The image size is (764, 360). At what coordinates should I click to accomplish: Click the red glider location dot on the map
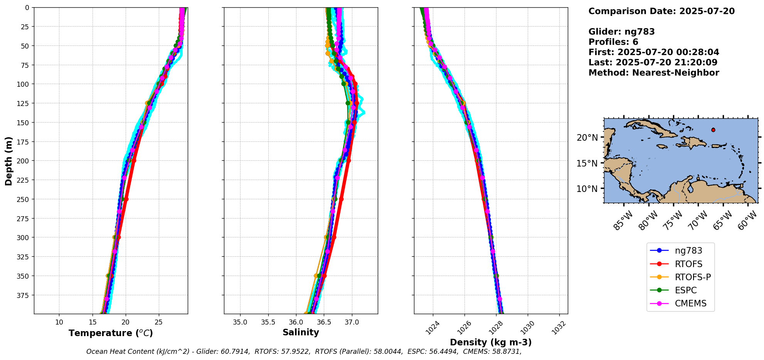click(713, 130)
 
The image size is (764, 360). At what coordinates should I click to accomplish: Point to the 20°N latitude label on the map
click(587, 138)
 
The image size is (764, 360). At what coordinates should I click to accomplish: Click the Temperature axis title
click(111, 333)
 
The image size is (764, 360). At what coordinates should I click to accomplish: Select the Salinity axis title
click(301, 332)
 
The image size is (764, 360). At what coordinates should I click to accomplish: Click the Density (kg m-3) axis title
click(491, 342)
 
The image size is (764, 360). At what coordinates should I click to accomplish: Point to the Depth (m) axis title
click(8, 161)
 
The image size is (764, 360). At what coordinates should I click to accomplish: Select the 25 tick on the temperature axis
click(158, 322)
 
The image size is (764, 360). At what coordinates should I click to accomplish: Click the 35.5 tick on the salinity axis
click(268, 322)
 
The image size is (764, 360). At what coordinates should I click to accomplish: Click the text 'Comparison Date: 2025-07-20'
click(661, 11)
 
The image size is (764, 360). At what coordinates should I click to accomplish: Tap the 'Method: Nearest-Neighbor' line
click(654, 73)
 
